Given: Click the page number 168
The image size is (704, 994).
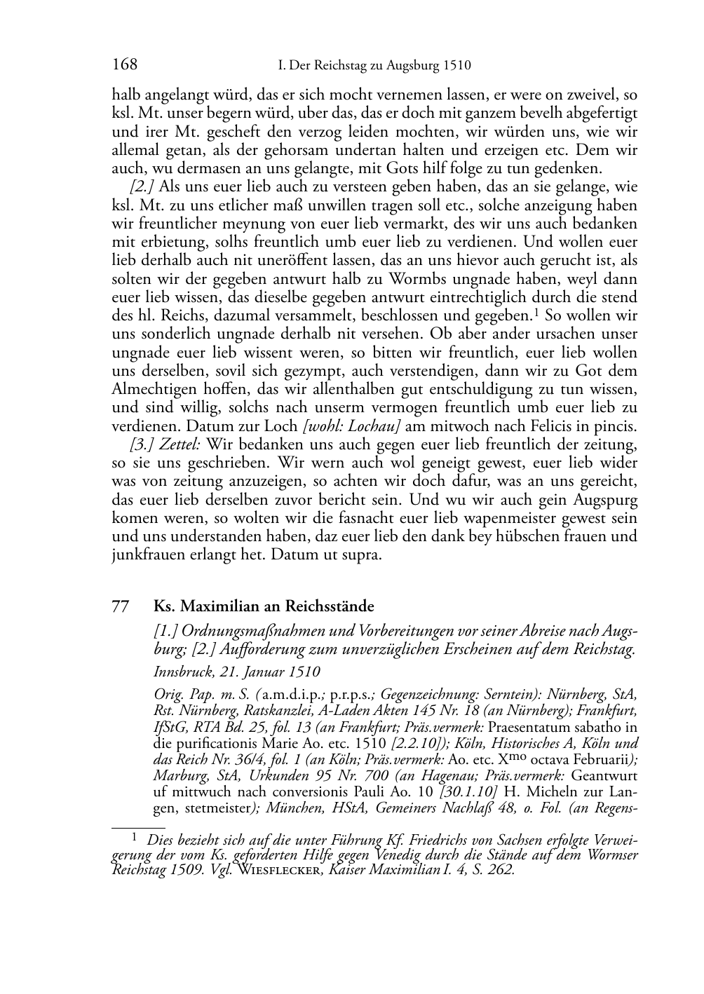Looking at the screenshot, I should click(124, 66).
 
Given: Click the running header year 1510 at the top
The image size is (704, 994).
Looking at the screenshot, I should click(456, 67).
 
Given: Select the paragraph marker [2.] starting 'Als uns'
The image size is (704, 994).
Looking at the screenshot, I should click(142, 187).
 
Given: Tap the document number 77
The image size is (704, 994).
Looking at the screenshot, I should click(121, 607).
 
